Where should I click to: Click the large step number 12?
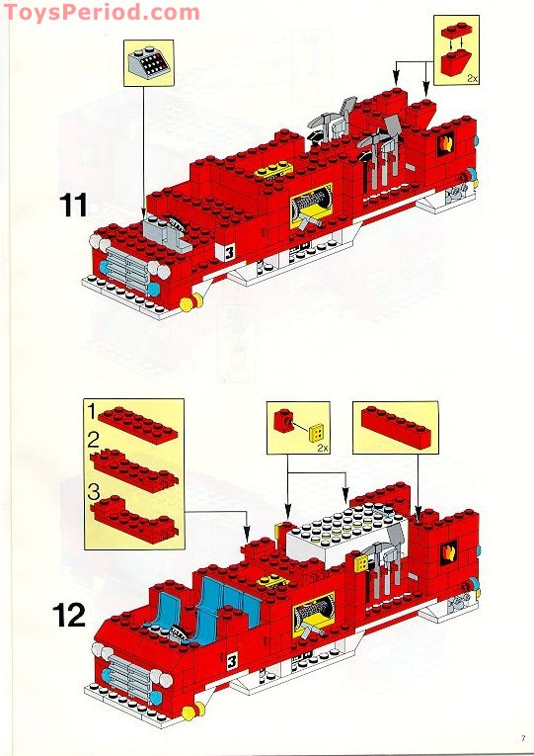coord(68,614)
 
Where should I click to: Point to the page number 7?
coord(520,736)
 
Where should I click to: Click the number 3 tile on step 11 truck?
coord(229,251)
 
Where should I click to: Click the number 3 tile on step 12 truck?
coord(232,660)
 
